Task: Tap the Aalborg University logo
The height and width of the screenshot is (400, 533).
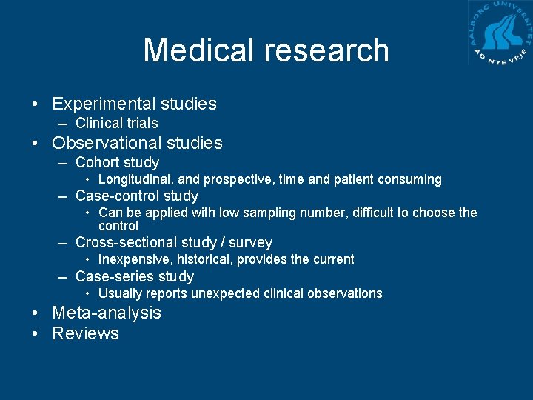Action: (x=500, y=33)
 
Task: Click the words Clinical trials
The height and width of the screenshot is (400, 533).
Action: (x=117, y=124)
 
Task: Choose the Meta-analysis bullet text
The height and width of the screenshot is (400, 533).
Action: (x=107, y=313)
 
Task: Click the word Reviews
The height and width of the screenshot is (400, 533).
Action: (x=85, y=333)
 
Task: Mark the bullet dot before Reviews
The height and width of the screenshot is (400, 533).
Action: (x=36, y=333)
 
